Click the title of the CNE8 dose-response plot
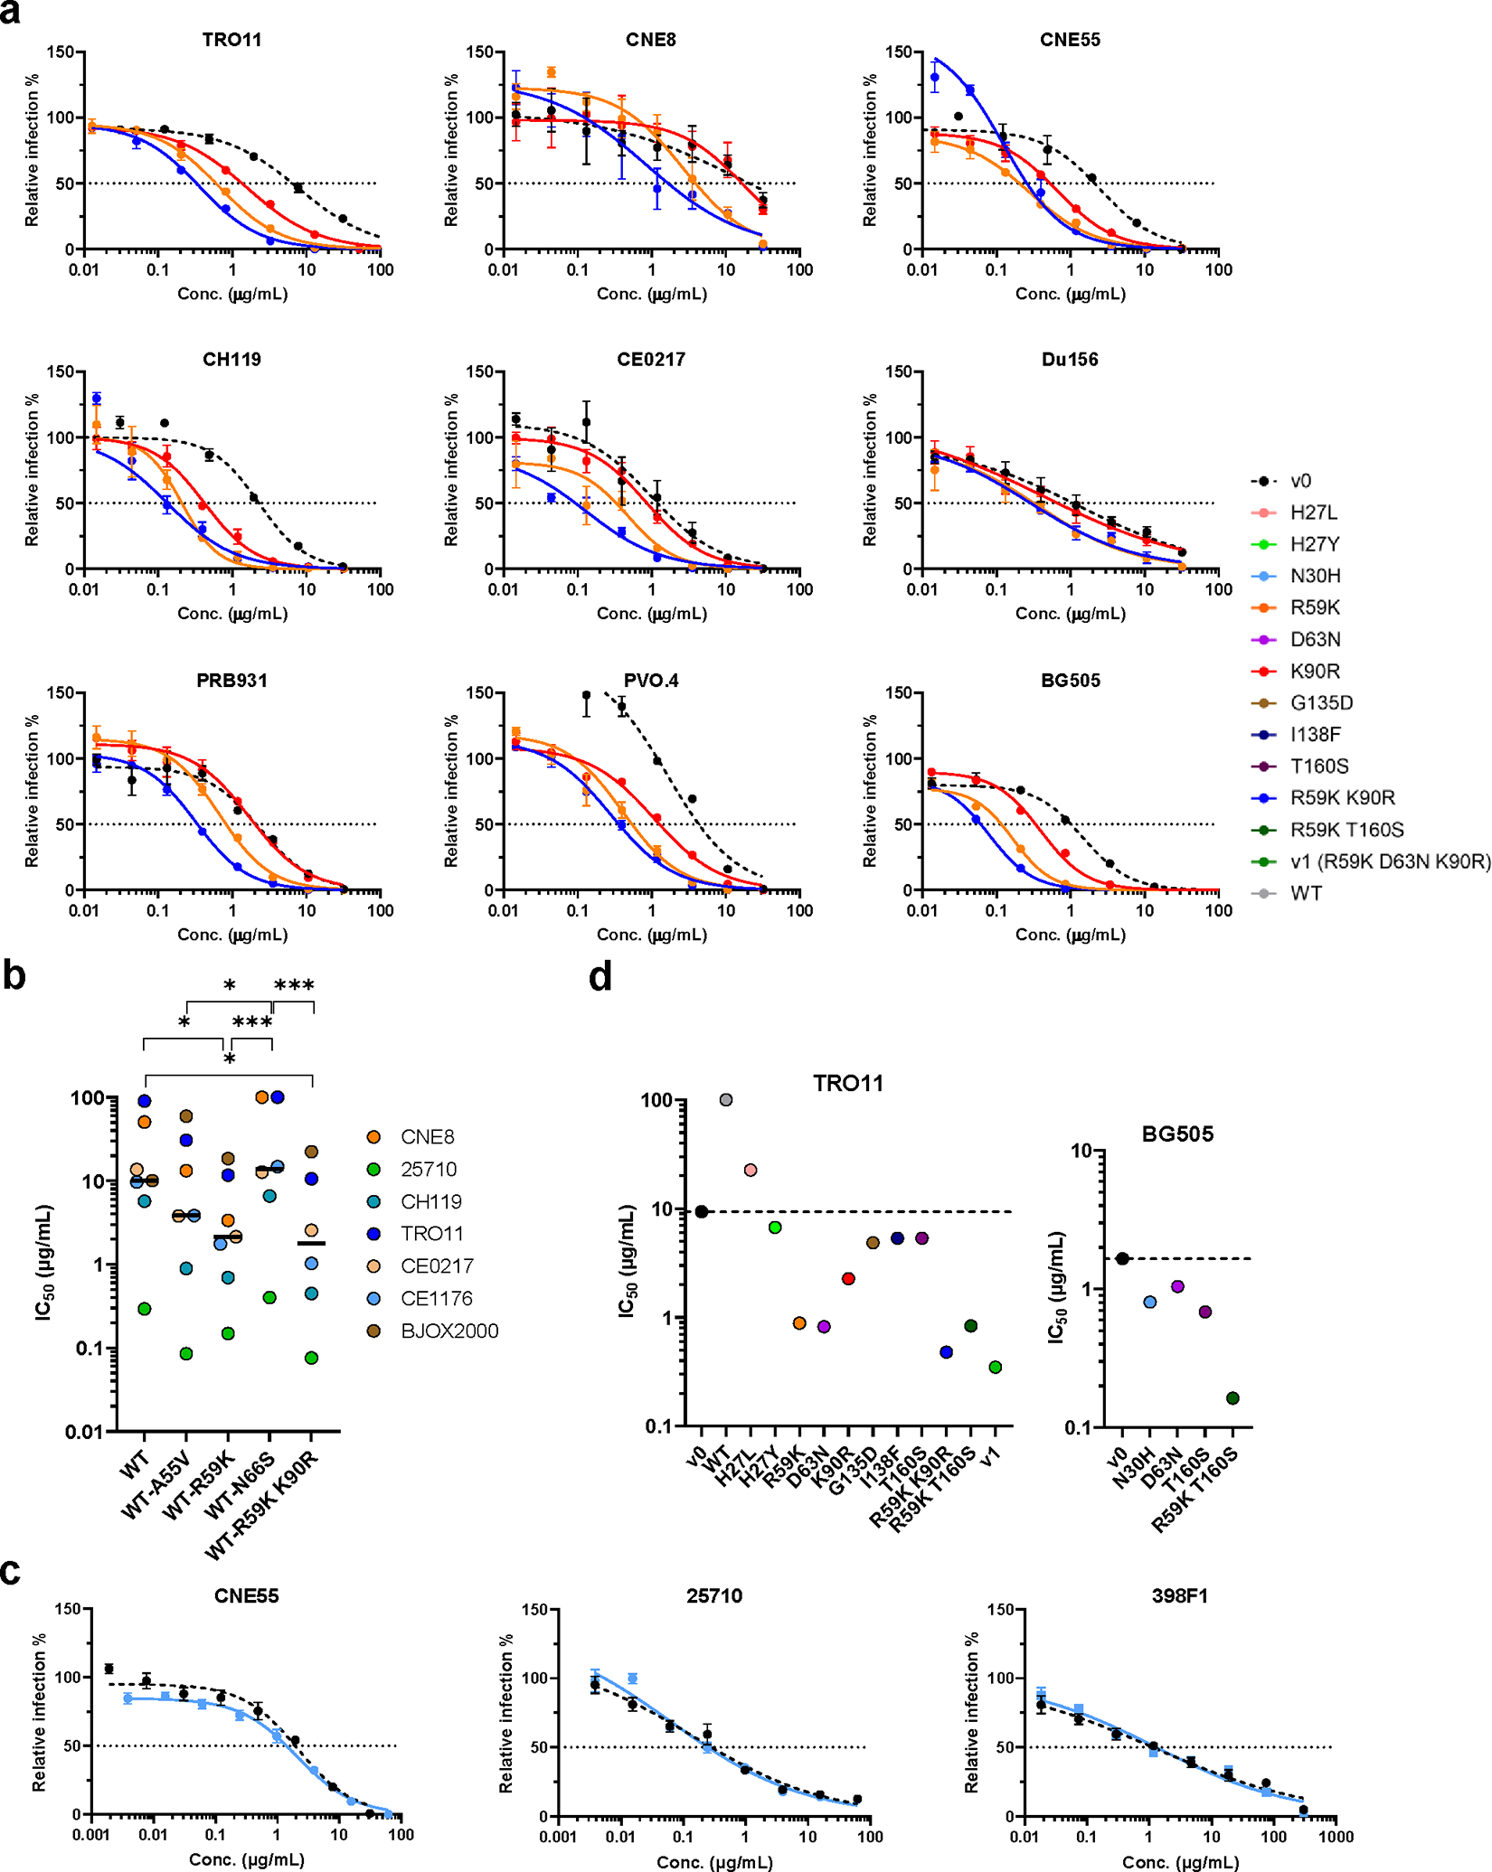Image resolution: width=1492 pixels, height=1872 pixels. (x=650, y=40)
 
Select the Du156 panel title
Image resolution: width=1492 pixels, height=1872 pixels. (x=1069, y=360)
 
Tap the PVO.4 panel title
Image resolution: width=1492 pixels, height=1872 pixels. (x=650, y=681)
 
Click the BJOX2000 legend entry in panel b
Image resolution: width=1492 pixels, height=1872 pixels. (x=449, y=1331)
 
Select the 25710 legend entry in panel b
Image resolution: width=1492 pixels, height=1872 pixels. (x=429, y=1170)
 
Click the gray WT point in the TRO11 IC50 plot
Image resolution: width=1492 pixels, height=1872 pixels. (x=726, y=1100)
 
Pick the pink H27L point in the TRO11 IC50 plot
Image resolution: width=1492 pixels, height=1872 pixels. (x=751, y=1171)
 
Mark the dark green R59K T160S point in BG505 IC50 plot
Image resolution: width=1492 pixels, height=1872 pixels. (x=1232, y=1398)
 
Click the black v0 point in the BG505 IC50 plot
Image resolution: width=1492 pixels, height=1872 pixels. (x=1122, y=1258)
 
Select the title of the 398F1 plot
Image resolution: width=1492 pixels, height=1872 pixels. (x=1179, y=1596)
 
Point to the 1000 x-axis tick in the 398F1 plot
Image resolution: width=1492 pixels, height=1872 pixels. (x=1336, y=1837)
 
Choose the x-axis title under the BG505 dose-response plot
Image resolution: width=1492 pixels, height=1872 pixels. (x=1070, y=935)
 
